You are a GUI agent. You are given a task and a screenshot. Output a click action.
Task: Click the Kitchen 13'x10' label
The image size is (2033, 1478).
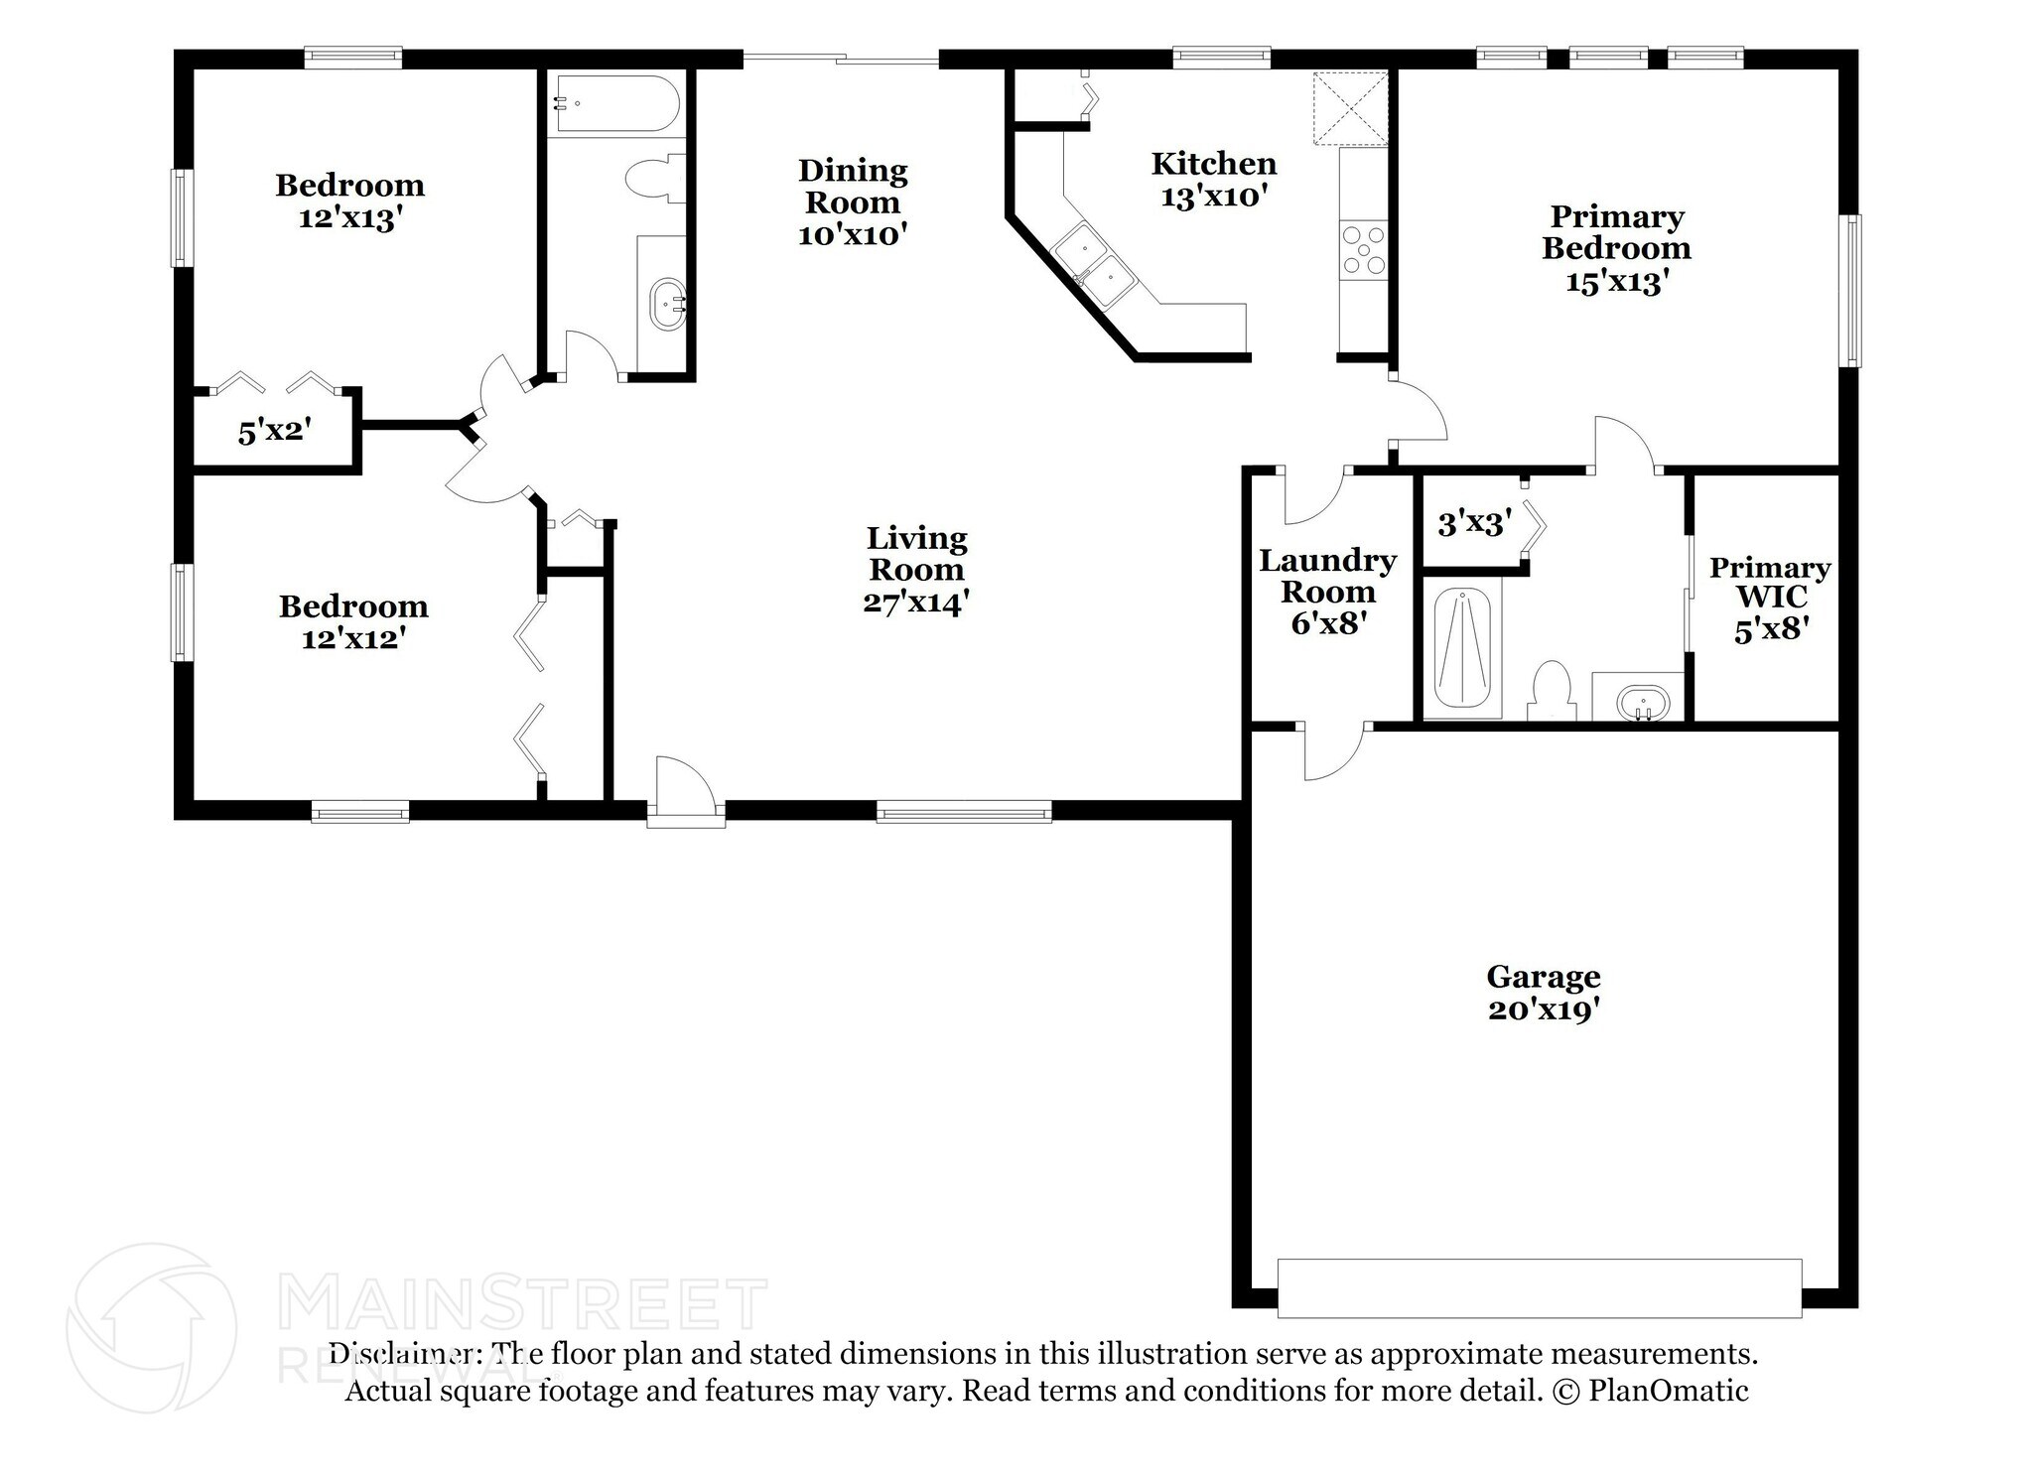tap(1213, 180)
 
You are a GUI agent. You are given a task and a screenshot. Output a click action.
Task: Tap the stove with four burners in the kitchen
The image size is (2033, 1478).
tap(1363, 250)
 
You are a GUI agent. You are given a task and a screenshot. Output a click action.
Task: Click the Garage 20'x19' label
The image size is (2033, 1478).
tap(1543, 993)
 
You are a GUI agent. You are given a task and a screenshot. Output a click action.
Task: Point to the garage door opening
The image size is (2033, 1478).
tap(1539, 1287)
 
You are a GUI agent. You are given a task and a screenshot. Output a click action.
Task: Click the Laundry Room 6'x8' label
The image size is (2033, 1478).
tap(1327, 592)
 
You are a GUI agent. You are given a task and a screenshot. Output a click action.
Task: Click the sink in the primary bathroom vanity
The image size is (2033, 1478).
tap(1641, 705)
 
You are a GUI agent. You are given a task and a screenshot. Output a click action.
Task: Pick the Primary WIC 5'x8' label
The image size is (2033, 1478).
tap(1769, 598)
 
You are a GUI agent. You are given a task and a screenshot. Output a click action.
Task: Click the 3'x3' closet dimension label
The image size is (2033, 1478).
tap(1474, 523)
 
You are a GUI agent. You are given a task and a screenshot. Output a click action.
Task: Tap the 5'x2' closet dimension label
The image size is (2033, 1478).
tap(275, 432)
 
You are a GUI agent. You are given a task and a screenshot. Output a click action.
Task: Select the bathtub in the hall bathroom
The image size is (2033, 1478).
tap(615, 103)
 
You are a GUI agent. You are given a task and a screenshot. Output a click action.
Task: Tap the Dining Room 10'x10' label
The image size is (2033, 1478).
tap(853, 202)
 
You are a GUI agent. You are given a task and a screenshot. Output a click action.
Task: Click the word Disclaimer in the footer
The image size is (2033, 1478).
tap(405, 1354)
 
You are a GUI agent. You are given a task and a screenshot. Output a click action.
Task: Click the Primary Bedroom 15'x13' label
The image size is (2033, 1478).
tap(1616, 248)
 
